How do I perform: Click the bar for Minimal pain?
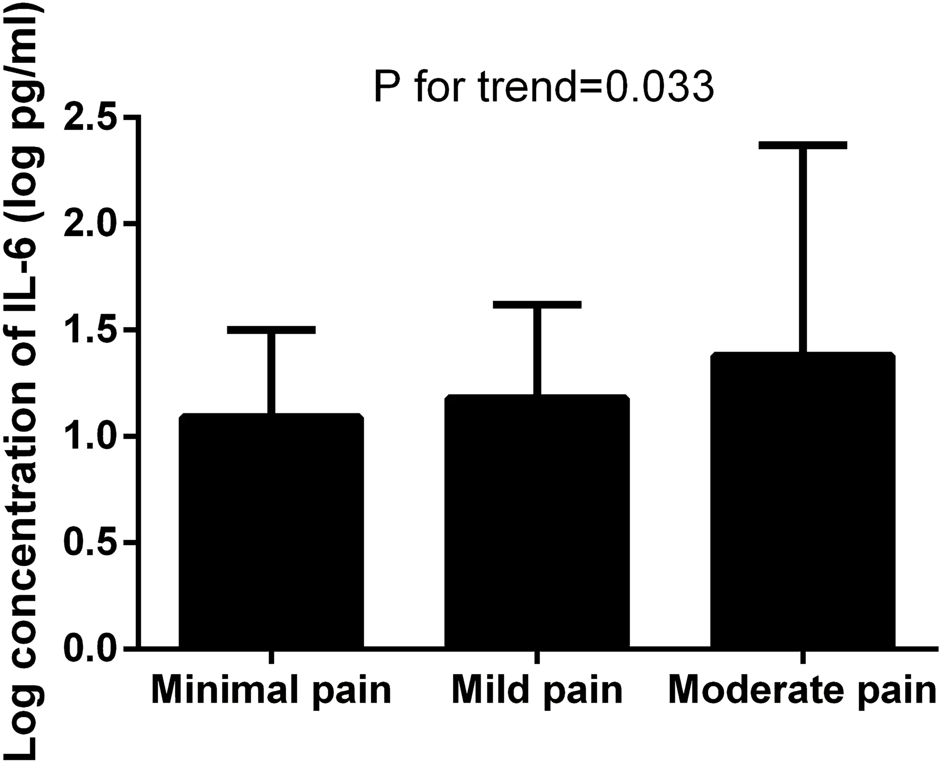[x=271, y=531]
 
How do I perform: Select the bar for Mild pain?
[x=537, y=522]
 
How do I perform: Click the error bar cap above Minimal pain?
[x=271, y=330]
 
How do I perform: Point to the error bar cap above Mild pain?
[x=537, y=305]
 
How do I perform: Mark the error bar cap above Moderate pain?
[x=802, y=145]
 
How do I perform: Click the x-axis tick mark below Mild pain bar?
[x=537, y=657]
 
